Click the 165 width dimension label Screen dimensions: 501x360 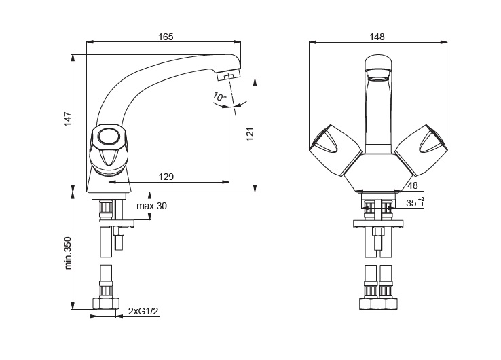point(166,37)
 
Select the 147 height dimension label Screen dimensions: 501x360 point(68,119)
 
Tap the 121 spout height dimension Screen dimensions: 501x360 point(250,134)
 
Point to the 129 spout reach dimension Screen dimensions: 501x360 point(166,177)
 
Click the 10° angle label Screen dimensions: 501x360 point(220,96)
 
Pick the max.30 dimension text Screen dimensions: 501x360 point(152,206)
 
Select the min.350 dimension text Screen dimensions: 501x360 point(68,253)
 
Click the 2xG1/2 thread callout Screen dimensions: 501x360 point(143,311)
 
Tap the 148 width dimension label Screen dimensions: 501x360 point(377,37)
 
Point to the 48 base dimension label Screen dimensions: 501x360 point(413,185)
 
